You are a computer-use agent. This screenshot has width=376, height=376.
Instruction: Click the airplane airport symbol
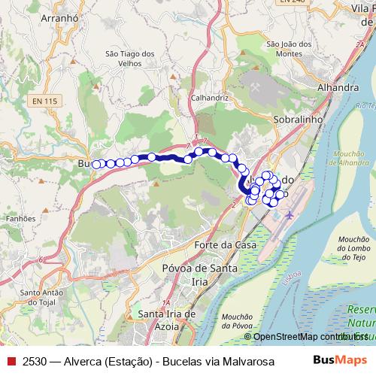click(x=290, y=216)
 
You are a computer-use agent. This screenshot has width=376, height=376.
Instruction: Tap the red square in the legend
click(x=11, y=359)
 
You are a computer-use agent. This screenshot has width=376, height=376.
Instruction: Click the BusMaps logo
click(x=340, y=359)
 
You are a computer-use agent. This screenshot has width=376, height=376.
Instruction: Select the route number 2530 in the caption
click(x=36, y=359)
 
